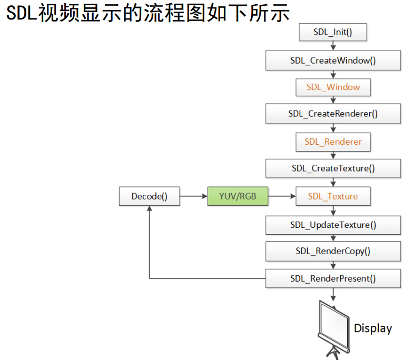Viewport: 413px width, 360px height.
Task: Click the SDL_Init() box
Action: click(332, 32)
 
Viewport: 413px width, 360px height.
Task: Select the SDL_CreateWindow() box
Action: click(333, 60)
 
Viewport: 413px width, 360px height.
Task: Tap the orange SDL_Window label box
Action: click(333, 87)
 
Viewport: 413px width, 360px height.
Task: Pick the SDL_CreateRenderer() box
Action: click(333, 113)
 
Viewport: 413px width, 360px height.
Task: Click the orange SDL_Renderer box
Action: click(333, 142)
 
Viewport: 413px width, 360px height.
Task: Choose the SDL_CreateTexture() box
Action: click(333, 168)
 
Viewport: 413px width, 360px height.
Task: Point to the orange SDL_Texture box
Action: click(333, 196)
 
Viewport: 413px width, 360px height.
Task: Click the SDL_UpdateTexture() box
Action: click(333, 225)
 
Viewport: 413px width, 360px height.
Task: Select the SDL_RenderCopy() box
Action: click(333, 251)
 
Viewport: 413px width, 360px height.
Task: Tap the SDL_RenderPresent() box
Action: click(333, 278)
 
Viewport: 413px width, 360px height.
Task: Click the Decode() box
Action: click(149, 197)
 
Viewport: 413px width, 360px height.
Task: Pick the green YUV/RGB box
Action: click(237, 197)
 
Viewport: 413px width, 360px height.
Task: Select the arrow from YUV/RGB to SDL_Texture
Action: click(282, 197)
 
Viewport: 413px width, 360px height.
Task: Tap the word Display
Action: click(373, 328)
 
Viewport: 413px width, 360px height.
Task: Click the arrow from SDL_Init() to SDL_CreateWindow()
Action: click(333, 46)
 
